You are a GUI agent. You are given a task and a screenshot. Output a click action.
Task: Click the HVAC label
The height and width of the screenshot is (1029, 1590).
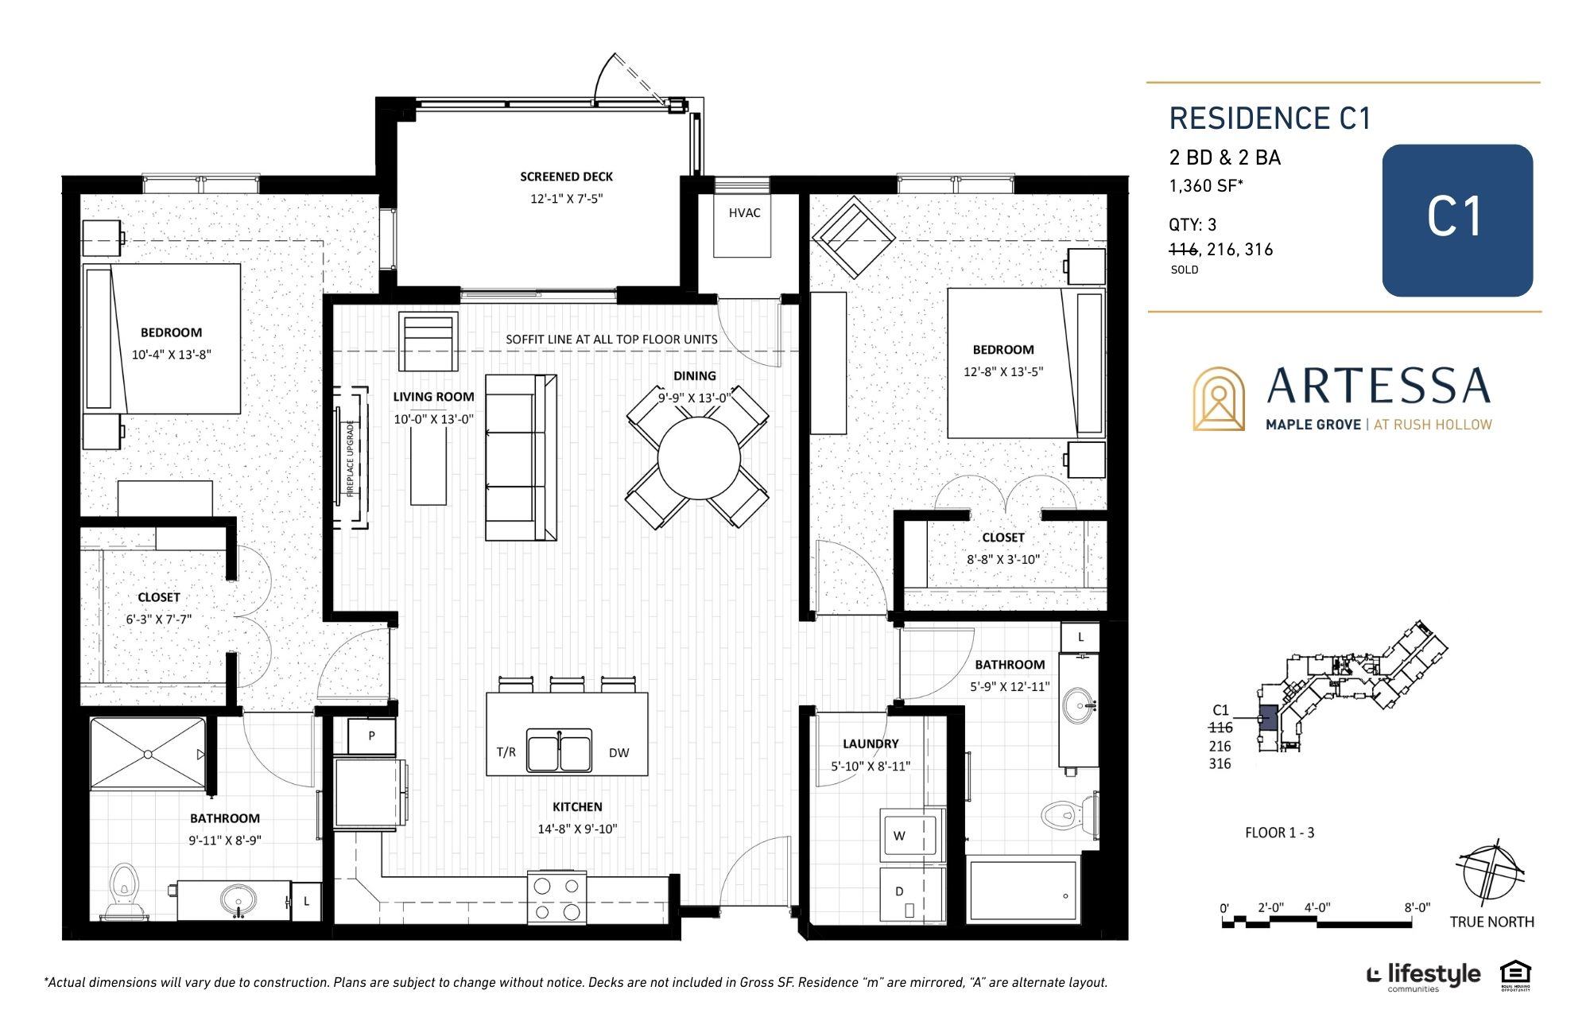pyautogui.click(x=744, y=213)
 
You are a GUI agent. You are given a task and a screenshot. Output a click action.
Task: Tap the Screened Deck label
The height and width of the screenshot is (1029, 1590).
pyautogui.click(x=566, y=177)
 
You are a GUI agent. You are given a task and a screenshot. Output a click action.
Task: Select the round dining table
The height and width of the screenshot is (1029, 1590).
pyautogui.click(x=700, y=458)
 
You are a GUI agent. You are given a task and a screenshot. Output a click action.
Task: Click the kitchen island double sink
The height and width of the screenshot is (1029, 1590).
pyautogui.click(x=559, y=751)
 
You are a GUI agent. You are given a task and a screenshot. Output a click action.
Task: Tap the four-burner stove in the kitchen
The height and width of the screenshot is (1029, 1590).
pyautogui.click(x=556, y=898)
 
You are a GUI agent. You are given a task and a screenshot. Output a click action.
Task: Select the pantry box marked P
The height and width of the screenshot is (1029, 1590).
pyautogui.click(x=371, y=736)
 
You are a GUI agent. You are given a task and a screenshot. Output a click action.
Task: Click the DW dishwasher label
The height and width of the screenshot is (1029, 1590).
pyautogui.click(x=619, y=753)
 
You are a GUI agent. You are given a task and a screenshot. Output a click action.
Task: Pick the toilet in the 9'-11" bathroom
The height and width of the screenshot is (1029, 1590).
pyautogui.click(x=124, y=891)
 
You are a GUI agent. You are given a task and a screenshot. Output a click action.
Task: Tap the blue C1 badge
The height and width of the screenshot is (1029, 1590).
pyautogui.click(x=1457, y=220)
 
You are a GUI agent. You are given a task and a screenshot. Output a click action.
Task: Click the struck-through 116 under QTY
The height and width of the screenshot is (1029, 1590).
pyautogui.click(x=1183, y=250)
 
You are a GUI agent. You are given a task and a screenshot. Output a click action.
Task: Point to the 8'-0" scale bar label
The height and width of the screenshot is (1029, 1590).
pyautogui.click(x=1417, y=907)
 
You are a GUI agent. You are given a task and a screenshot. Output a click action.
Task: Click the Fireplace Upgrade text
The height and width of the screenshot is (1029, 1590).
pyautogui.click(x=350, y=458)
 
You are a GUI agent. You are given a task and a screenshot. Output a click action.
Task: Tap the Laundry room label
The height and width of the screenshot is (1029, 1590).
pyautogui.click(x=871, y=744)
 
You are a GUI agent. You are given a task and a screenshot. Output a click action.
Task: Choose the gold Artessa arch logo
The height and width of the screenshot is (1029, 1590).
pyautogui.click(x=1218, y=399)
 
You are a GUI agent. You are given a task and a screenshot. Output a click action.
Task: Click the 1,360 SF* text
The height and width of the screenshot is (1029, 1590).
pyautogui.click(x=1205, y=186)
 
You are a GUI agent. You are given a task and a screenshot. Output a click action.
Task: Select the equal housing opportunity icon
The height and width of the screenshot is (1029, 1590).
pyautogui.click(x=1515, y=975)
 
